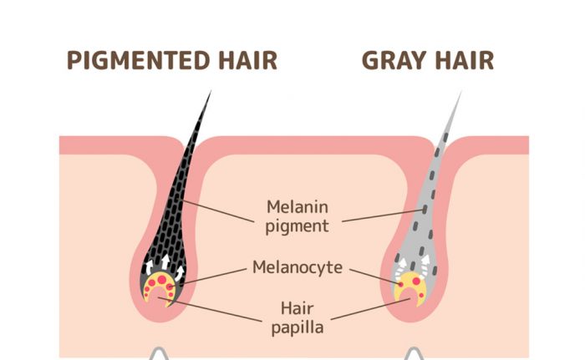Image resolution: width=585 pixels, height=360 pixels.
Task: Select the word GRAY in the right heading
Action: pos(394,60)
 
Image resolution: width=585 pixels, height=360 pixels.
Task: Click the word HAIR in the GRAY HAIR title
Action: pos(465,60)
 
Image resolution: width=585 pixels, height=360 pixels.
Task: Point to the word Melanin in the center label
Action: pos(298,207)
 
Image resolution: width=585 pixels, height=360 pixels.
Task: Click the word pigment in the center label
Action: pos(297,226)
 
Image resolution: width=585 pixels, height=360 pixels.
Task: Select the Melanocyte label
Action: pos(298,267)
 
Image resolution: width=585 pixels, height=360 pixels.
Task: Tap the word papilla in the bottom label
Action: pos(298,328)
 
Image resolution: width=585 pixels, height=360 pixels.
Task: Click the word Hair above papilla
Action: pos(297,308)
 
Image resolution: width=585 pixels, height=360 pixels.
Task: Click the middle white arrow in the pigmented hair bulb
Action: pos(165,261)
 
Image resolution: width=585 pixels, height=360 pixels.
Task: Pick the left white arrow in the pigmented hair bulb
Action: pos(149,267)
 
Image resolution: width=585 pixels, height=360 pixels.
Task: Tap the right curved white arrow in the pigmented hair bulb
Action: pos(180,273)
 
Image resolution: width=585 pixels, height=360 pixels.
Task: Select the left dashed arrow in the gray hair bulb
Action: pos(400,269)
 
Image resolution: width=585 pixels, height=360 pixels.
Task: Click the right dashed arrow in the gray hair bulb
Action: pos(425,266)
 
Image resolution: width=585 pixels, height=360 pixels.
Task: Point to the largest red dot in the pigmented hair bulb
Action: pos(162,280)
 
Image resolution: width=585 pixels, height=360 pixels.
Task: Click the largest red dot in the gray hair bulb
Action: pos(416,281)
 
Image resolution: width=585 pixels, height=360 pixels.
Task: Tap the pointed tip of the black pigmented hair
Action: pos(211,91)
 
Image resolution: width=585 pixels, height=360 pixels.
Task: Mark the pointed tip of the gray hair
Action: pos(461,91)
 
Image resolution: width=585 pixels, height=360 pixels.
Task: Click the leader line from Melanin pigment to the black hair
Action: pos(219,211)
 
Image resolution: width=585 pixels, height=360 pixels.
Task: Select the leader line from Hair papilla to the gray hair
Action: pos(370,309)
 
